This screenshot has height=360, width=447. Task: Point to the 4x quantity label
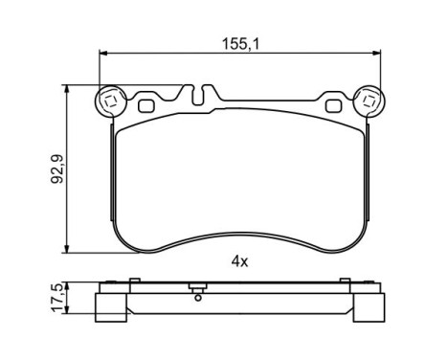coord(240,260)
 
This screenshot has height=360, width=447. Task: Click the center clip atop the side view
coord(196,286)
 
